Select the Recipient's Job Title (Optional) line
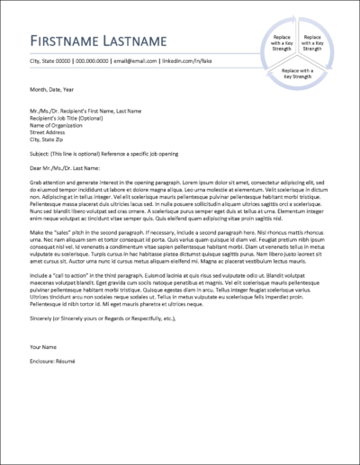point(67,118)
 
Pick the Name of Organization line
point(59,125)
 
